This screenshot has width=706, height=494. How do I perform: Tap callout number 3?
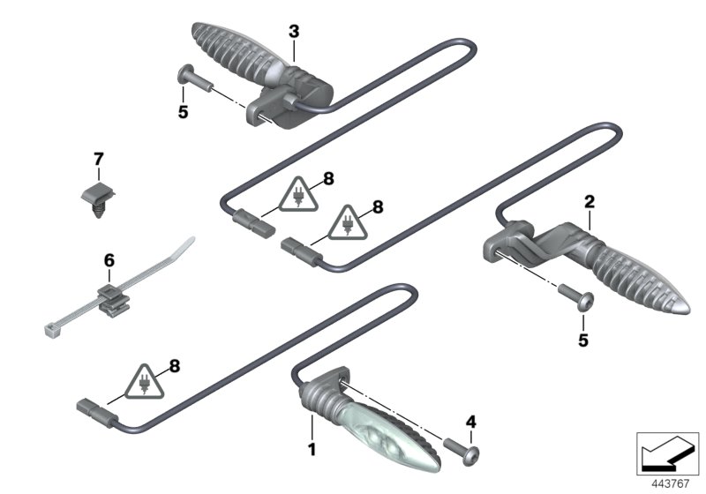pos(294,31)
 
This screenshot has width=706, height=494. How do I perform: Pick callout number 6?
pos(109,260)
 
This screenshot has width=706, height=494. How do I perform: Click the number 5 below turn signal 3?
pos(184,113)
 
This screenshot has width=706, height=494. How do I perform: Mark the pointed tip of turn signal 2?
pos(685,311)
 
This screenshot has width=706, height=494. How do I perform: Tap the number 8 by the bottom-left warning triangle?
pos(174,363)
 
